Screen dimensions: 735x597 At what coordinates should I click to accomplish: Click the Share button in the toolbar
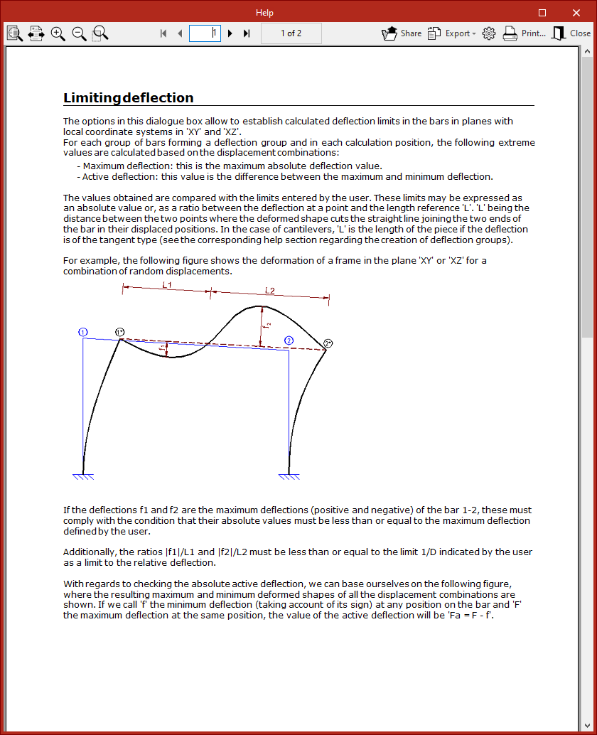(402, 33)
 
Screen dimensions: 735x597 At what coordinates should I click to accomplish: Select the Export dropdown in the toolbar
(451, 33)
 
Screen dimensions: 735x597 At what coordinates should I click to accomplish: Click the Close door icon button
(571, 33)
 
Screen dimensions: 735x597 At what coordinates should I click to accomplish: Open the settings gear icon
(489, 33)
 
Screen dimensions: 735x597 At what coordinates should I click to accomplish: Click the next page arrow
(230, 33)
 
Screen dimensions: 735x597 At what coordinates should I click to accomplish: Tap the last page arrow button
(247, 33)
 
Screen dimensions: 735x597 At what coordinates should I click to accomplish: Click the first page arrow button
(163, 33)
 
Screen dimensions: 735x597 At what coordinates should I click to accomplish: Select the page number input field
(205, 33)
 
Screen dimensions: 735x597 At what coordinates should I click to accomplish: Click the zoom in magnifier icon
(58, 33)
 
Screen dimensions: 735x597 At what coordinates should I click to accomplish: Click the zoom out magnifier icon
(79, 33)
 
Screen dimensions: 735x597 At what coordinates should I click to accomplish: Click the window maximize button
(542, 13)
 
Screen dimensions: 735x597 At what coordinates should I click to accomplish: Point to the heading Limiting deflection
(129, 98)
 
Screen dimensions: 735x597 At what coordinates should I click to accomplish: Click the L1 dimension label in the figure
(168, 284)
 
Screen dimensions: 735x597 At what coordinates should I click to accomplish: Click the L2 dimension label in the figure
(270, 290)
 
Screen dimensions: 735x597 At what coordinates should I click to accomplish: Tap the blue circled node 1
(83, 332)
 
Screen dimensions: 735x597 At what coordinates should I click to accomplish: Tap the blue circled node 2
(289, 340)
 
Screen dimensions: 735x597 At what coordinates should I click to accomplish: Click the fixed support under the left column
(83, 476)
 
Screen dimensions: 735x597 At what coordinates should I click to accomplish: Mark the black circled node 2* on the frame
(328, 343)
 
